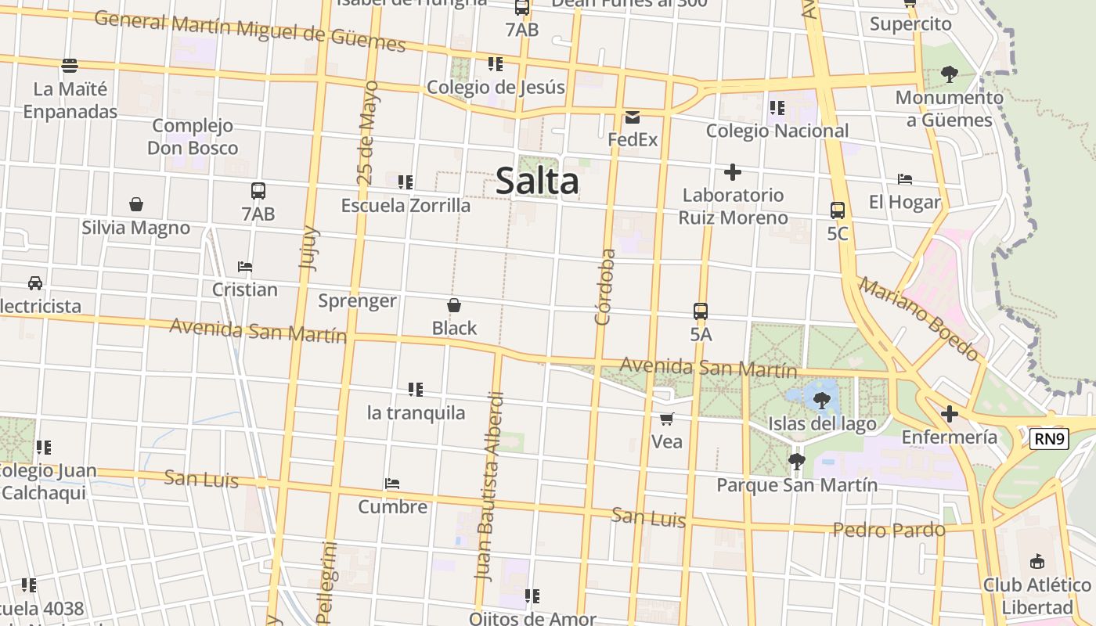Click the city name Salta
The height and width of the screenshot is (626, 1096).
point(537,181)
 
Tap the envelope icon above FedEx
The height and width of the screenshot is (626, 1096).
point(633,118)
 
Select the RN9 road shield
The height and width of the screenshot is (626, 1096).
point(1049,439)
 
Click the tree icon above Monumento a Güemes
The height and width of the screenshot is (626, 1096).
point(950,75)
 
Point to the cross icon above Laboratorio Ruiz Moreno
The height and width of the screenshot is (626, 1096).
point(733,172)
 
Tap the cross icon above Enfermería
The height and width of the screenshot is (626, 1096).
point(950,413)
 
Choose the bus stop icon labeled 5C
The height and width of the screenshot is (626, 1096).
point(838,210)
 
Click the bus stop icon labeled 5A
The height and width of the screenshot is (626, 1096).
point(701,311)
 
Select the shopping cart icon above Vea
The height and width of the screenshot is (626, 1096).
point(667,419)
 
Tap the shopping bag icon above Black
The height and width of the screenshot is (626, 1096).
point(454,305)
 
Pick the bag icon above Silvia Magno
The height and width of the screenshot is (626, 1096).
point(136,205)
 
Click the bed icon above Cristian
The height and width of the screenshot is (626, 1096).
point(245,267)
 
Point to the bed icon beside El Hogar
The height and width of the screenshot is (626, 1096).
point(905,179)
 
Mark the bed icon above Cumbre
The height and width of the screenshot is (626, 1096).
point(392,484)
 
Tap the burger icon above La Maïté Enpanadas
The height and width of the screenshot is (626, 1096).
point(70,65)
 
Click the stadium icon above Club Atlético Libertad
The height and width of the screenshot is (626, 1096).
point(1037,561)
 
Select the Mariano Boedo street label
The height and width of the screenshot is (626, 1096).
point(918,318)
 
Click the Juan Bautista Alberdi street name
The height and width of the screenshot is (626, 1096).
point(489,485)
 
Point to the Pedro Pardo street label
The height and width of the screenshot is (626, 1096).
point(889,530)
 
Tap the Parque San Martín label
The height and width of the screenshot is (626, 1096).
point(797,485)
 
